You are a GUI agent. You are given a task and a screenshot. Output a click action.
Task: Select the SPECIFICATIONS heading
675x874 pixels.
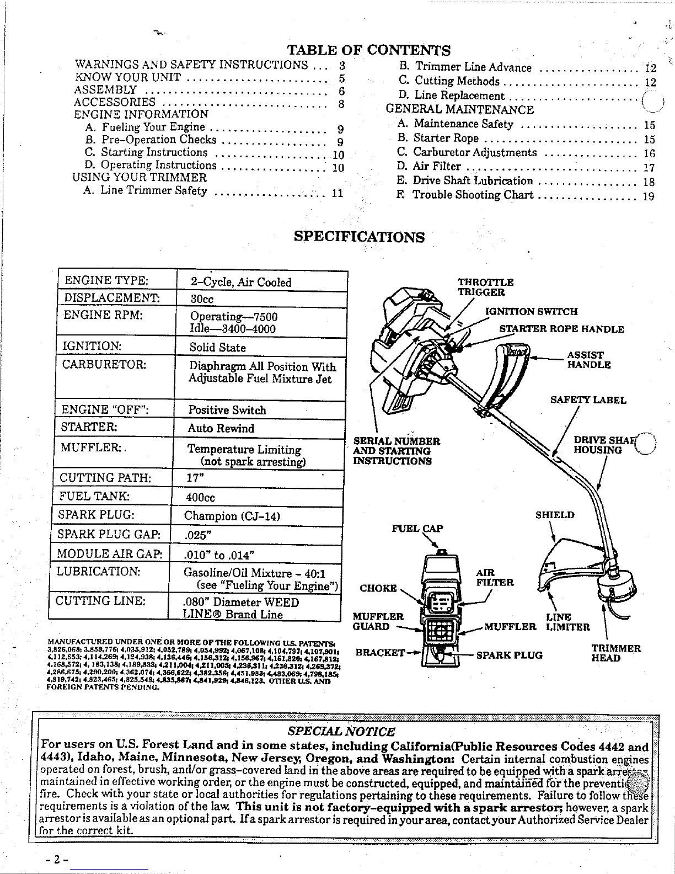pyautogui.click(x=359, y=237)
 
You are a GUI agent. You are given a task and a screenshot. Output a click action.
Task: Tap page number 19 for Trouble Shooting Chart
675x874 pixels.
pyautogui.click(x=649, y=195)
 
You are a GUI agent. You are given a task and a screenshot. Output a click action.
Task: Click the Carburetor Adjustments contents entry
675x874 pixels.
pyautogui.click(x=474, y=152)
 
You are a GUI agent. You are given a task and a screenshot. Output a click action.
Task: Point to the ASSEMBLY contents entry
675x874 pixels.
pyautogui.click(x=106, y=90)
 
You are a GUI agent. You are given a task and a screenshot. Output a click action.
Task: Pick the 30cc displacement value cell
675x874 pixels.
pyautogui.click(x=202, y=299)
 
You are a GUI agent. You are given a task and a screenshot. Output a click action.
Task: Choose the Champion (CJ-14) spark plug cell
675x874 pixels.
pyautogui.click(x=232, y=516)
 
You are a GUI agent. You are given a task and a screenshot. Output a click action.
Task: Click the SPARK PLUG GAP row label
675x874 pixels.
pyautogui.click(x=109, y=534)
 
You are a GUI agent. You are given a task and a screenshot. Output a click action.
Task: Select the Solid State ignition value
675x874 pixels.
pyautogui.click(x=217, y=347)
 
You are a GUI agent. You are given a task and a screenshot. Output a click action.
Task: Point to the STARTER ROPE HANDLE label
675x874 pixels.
pyautogui.click(x=561, y=329)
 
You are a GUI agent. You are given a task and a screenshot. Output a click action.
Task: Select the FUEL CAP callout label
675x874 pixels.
pyautogui.click(x=417, y=528)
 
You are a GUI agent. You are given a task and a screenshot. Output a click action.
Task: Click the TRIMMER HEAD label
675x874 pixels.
pyautogui.click(x=616, y=653)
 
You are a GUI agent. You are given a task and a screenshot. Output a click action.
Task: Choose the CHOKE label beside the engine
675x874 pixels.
pyautogui.click(x=378, y=588)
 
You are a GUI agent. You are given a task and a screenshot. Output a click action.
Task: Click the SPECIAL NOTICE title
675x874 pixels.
pyautogui.click(x=341, y=732)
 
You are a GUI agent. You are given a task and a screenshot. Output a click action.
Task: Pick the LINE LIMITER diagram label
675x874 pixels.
pyautogui.click(x=567, y=622)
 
